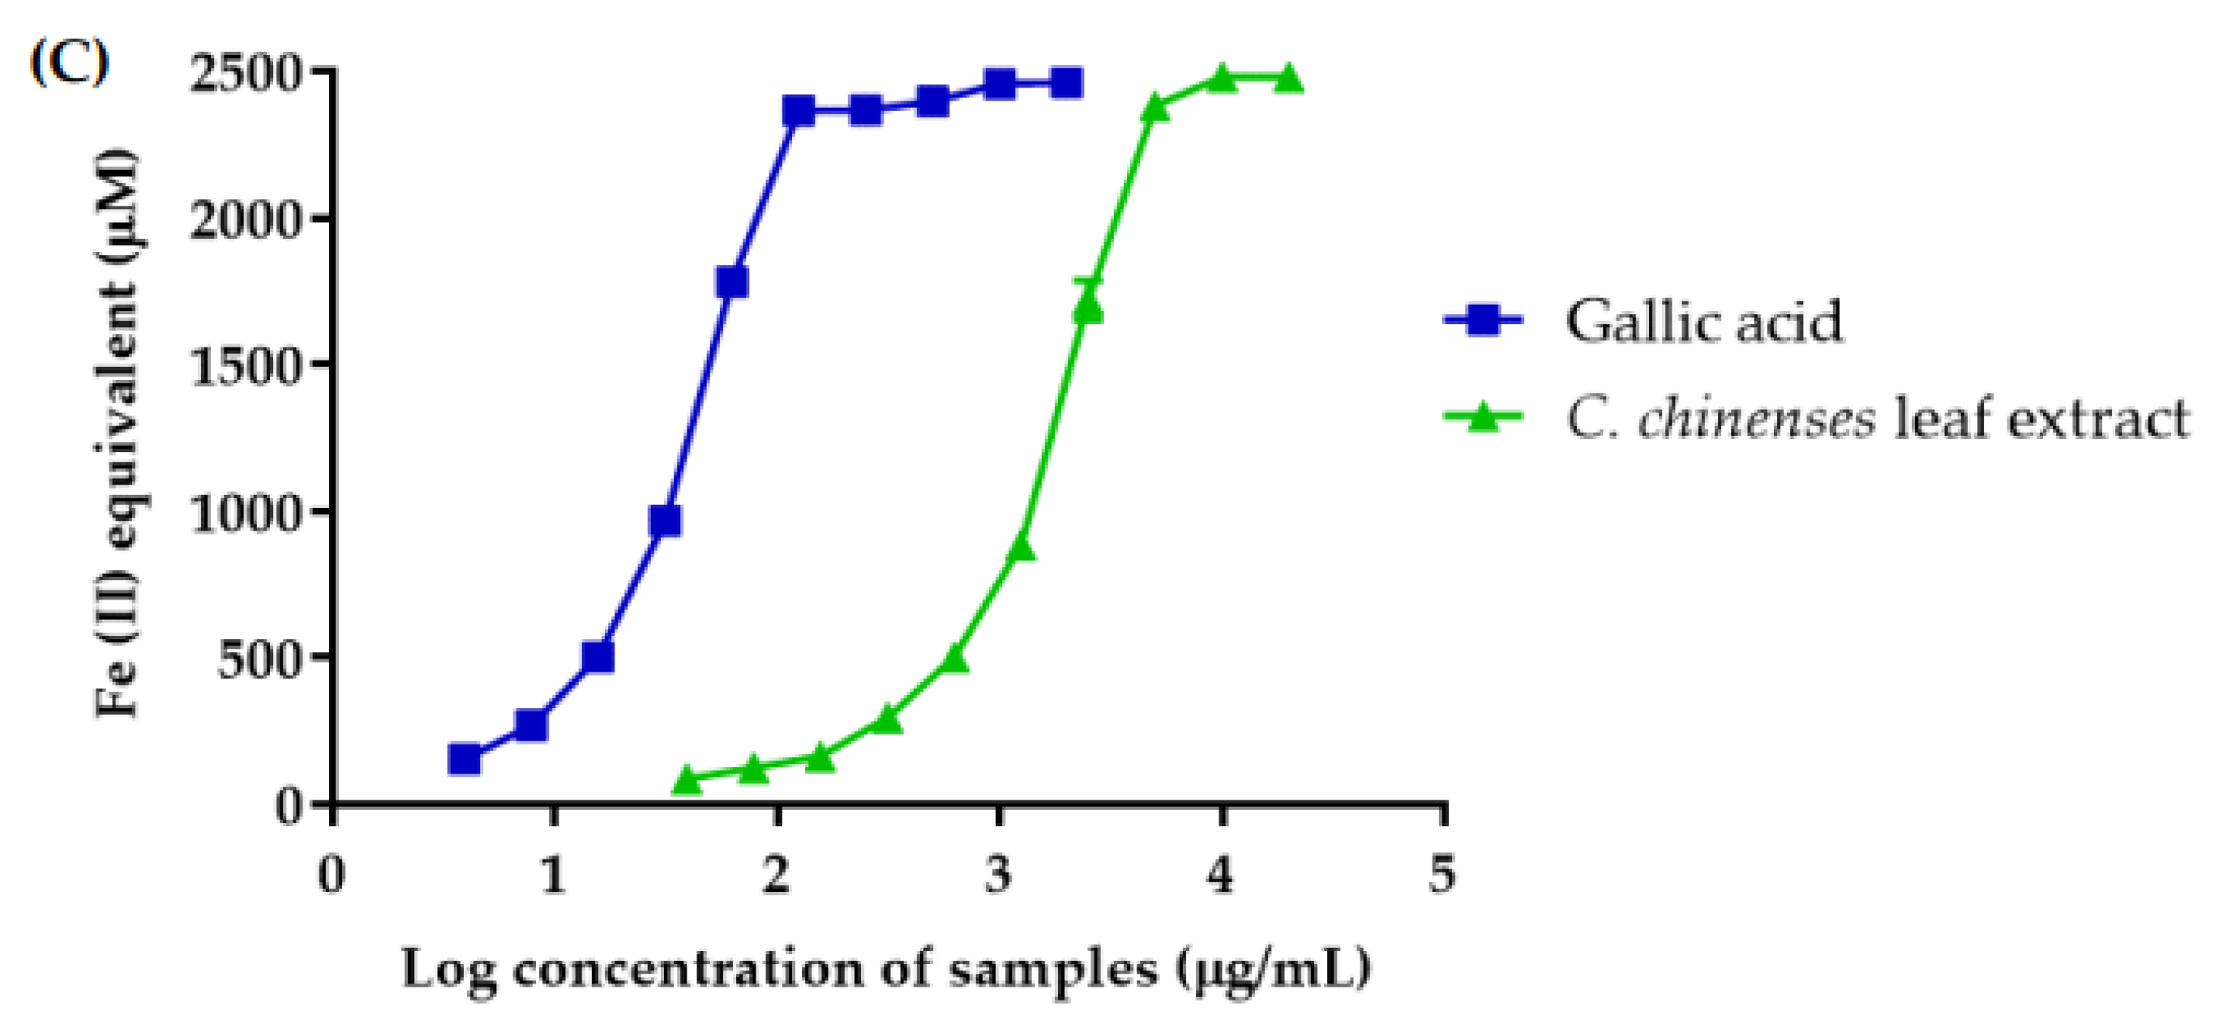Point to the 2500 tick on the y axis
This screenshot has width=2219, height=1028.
click(245, 74)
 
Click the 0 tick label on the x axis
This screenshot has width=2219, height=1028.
click(332, 875)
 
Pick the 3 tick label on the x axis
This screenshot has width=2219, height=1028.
click(998, 875)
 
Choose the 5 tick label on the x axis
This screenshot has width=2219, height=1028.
click(1443, 875)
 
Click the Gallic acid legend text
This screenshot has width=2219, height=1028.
click(1703, 321)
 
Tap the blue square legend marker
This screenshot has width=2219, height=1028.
click(1484, 320)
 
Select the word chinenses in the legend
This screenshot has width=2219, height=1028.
click(1755, 420)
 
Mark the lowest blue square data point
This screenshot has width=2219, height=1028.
click(465, 758)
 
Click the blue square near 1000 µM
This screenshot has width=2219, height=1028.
click(666, 521)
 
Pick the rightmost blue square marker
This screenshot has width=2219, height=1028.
click(1066, 83)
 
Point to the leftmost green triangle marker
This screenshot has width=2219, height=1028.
click(687, 779)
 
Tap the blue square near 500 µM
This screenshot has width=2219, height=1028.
click(598, 657)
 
